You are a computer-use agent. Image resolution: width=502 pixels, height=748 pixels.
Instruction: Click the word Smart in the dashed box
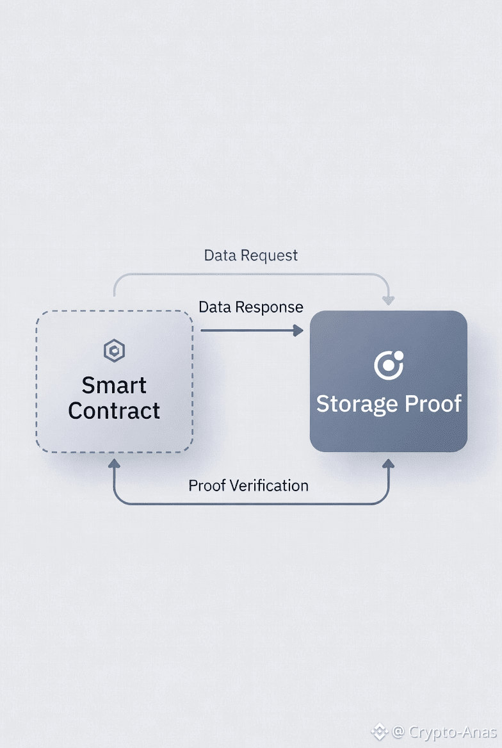(x=115, y=386)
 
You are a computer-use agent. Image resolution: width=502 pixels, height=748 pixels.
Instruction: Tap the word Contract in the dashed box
(x=114, y=411)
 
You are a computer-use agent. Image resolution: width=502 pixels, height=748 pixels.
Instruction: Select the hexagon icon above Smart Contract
(x=114, y=350)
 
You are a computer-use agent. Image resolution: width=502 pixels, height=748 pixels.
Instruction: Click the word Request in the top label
(x=269, y=256)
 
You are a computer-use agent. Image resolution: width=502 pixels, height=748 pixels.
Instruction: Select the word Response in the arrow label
(x=269, y=307)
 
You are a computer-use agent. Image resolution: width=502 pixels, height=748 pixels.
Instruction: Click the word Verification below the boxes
(x=269, y=485)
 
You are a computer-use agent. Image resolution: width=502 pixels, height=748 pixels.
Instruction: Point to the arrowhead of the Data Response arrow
(x=298, y=330)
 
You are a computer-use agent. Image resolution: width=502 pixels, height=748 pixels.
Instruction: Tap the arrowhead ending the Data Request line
(x=388, y=300)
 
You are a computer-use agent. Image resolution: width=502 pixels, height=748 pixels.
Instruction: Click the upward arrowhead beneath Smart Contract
(x=114, y=464)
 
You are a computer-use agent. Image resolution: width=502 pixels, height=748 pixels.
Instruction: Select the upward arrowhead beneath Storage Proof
(x=388, y=464)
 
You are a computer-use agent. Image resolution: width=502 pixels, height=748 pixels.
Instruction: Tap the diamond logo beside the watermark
(x=379, y=731)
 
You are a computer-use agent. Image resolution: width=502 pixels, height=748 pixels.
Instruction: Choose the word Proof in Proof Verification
(x=207, y=485)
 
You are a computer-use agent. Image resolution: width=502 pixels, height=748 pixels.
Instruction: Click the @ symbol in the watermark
(x=398, y=731)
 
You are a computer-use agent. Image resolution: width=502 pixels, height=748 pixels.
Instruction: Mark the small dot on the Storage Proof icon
(x=398, y=355)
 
